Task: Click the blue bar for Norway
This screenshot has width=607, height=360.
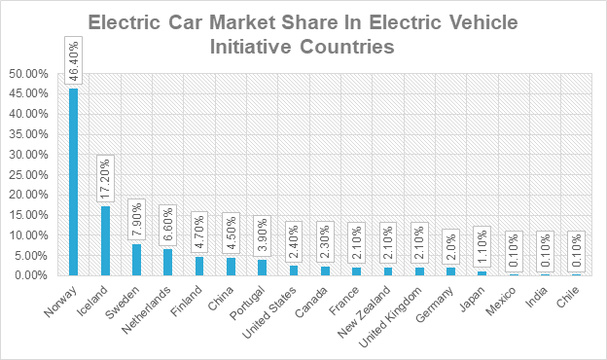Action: click(74, 182)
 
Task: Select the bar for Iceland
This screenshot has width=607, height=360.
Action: click(105, 240)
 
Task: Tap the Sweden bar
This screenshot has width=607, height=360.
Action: click(136, 260)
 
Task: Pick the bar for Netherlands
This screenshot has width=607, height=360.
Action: click(167, 262)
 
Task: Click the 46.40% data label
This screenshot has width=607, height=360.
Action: click(74, 60)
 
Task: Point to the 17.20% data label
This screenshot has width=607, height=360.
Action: click(105, 178)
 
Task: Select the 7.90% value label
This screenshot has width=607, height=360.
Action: click(136, 220)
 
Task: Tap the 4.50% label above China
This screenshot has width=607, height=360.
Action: click(232, 234)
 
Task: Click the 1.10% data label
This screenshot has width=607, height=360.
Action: click(482, 246)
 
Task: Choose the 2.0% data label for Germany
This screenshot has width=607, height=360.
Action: click(451, 246)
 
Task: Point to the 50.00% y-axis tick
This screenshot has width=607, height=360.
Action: click(28, 74)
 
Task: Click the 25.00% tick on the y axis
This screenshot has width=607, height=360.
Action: click(28, 174)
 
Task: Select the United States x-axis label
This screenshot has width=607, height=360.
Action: click(269, 312)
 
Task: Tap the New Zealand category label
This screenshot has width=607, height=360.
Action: click(364, 312)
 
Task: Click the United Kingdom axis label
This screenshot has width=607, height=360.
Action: click(390, 317)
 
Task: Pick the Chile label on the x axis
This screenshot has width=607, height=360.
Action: click(568, 297)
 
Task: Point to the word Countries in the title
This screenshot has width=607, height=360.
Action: click(347, 47)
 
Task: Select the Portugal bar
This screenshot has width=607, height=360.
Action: click(262, 268)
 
